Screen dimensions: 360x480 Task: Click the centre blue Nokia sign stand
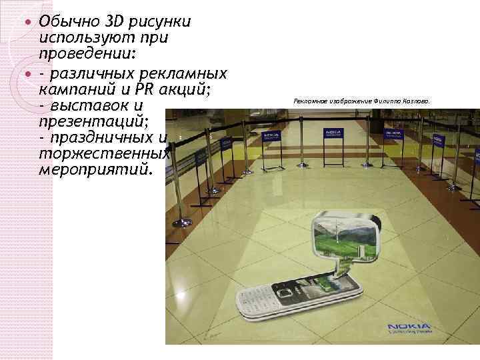[x=331, y=137]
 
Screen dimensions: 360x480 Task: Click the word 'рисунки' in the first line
[x=163, y=22]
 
